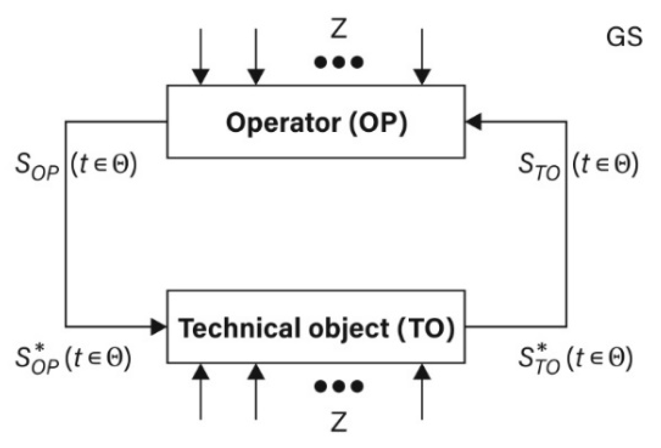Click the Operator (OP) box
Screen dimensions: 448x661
(316, 122)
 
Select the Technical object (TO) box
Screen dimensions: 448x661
(316, 327)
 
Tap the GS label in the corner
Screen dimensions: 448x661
(624, 37)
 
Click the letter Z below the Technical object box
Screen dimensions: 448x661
(339, 422)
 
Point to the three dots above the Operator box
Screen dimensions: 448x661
(339, 62)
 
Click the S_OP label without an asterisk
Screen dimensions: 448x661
(37, 166)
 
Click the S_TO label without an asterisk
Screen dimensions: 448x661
(540, 166)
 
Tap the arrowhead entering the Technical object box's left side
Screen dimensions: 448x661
(158, 327)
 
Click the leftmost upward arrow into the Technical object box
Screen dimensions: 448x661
(201, 392)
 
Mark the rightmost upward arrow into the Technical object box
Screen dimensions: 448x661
(422, 392)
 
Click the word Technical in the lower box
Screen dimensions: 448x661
(239, 328)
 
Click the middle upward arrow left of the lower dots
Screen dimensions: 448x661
(256, 392)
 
